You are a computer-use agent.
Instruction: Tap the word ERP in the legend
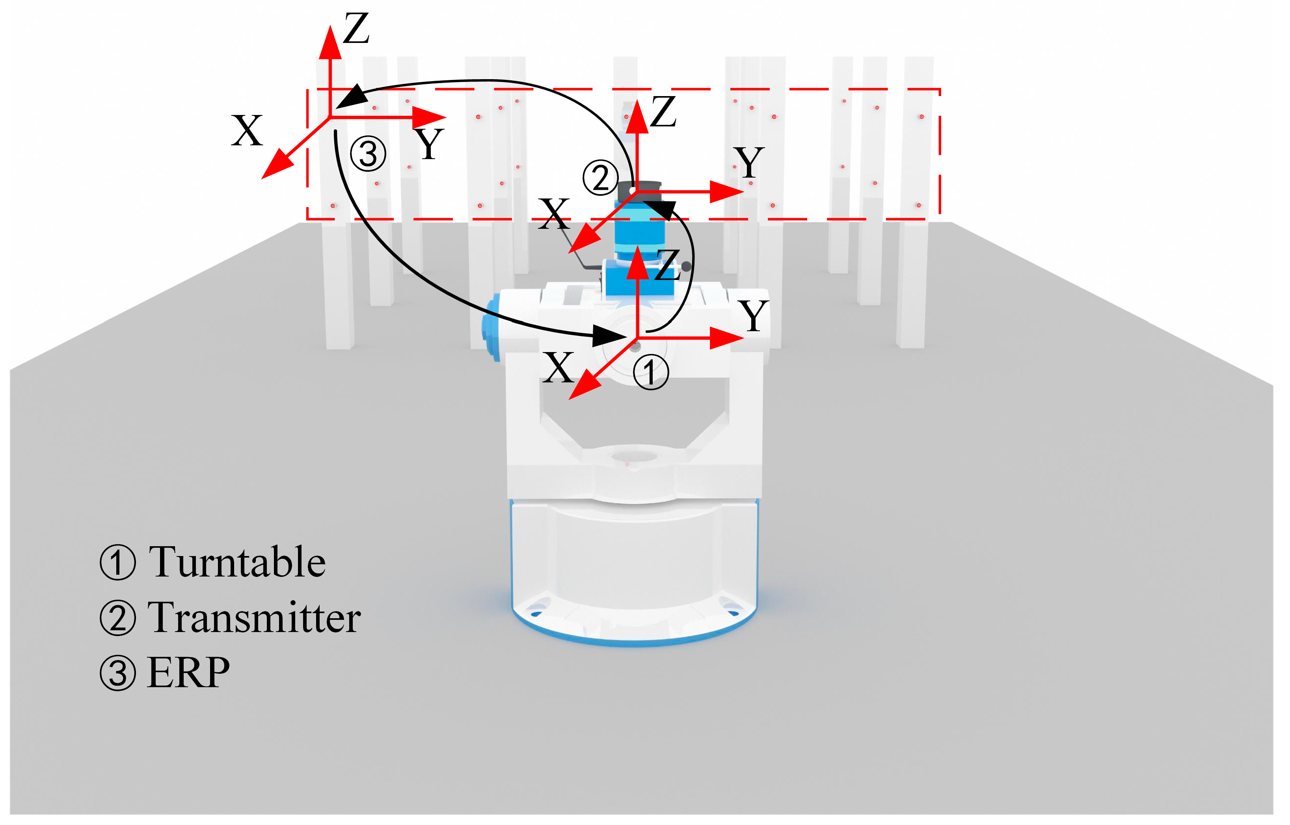(189, 673)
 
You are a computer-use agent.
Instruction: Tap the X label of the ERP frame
(247, 131)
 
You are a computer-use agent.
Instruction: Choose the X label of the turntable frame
(558, 368)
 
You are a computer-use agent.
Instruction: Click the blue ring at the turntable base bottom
(634, 640)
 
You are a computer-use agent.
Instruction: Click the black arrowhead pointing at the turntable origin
(611, 336)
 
